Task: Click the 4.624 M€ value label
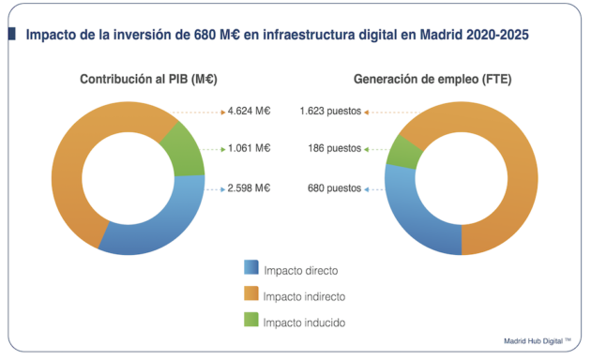pos(249,112)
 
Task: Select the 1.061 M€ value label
pos(249,148)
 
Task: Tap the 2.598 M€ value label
pos(249,187)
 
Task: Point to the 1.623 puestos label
pos(331,112)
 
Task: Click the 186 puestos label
pos(334,148)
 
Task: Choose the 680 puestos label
pos(334,187)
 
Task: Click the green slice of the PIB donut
pos(184,149)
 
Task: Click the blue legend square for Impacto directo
pos(250,269)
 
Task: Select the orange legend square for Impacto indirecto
pos(250,295)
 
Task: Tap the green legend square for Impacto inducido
pos(250,322)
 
